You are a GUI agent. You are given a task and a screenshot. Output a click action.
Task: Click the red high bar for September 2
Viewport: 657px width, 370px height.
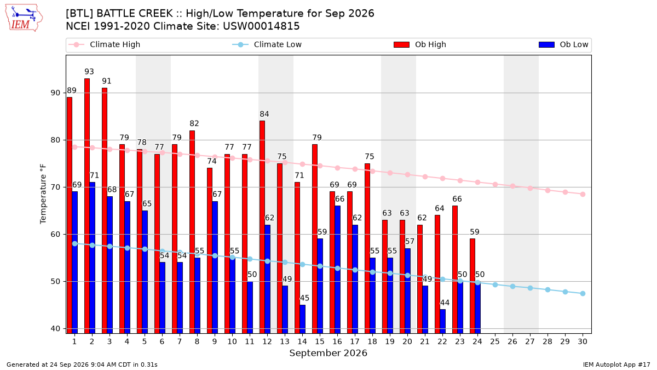pyautogui.click(x=87, y=206)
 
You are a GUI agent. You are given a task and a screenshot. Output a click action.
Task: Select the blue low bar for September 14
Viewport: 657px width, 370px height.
pyautogui.click(x=303, y=319)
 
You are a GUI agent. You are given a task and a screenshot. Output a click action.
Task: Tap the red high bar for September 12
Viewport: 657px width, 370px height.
pyautogui.click(x=262, y=227)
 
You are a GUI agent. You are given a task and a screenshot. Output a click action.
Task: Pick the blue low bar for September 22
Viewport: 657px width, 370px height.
pyautogui.click(x=443, y=321)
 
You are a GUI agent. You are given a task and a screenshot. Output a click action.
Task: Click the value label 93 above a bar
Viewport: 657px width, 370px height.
pyautogui.click(x=89, y=72)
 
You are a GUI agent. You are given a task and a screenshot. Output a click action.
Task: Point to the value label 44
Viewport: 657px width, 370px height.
pyautogui.click(x=445, y=303)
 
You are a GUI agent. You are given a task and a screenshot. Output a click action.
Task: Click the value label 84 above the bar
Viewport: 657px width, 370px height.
pyautogui.click(x=264, y=114)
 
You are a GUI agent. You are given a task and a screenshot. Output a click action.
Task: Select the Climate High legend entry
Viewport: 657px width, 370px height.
pyautogui.click(x=105, y=44)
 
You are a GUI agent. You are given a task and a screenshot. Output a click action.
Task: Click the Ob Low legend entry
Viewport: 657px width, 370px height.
pyautogui.click(x=563, y=44)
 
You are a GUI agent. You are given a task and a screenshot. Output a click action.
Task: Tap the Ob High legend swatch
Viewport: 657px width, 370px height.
pyautogui.click(x=401, y=44)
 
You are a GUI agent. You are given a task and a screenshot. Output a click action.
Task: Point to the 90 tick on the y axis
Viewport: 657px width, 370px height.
pyautogui.click(x=55, y=93)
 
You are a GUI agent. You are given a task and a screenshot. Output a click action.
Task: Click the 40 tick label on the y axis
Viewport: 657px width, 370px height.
pyautogui.click(x=55, y=328)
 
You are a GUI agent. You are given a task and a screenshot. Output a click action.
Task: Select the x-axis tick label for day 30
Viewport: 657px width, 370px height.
pyautogui.click(x=583, y=341)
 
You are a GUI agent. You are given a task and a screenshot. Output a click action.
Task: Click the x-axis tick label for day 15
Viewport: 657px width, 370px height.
pyautogui.click(x=320, y=341)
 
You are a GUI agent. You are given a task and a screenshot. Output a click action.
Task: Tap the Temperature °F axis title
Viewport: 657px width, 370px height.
pyautogui.click(x=43, y=194)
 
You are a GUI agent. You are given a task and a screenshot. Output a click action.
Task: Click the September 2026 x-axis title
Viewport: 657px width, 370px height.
pyautogui.click(x=328, y=353)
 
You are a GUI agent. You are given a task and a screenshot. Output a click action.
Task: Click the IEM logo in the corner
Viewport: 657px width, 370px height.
pyautogui.click(x=24, y=18)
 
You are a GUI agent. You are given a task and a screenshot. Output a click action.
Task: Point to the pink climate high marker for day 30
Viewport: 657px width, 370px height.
pyautogui.click(x=583, y=195)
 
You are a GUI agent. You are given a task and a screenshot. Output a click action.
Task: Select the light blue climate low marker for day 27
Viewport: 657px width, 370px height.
pyautogui.click(x=531, y=288)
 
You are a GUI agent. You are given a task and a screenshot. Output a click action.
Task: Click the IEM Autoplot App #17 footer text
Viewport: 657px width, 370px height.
pyautogui.click(x=616, y=365)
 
